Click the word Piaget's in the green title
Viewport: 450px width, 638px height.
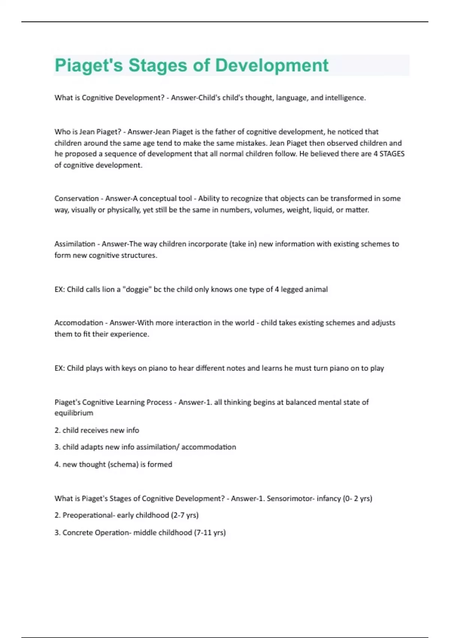[x=89, y=65]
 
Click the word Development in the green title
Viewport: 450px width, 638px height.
[x=272, y=65]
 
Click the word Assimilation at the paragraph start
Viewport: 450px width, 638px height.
[x=75, y=244]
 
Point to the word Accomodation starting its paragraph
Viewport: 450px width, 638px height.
[x=79, y=323]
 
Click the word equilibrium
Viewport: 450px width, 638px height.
[x=74, y=413]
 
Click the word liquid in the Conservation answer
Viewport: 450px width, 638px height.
[x=323, y=210]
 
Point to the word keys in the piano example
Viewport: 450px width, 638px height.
[x=129, y=368]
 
